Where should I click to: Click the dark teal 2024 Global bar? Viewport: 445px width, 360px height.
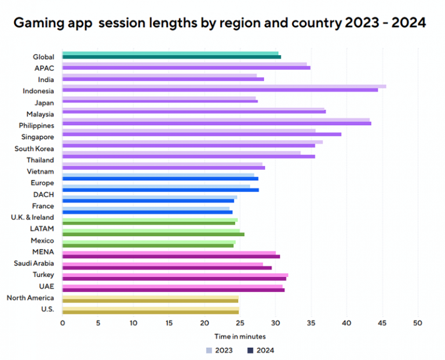tap(172, 57)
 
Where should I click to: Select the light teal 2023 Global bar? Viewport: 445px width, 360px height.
tap(170, 53)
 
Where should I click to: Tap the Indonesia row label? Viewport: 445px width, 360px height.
tap(38, 91)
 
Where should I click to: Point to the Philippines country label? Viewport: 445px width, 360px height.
tap(36, 126)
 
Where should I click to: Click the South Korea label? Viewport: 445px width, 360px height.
tap(34, 148)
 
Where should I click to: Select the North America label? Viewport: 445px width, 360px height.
tap(30, 298)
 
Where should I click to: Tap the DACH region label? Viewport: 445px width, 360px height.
tap(44, 194)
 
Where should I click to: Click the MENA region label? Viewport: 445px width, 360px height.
tap(43, 252)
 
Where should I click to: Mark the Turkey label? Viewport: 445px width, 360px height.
tap(44, 275)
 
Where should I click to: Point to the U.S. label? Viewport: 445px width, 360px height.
tap(48, 309)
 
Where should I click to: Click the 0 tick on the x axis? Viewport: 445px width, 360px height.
tap(63, 323)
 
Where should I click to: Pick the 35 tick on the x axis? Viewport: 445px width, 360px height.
tap(311, 323)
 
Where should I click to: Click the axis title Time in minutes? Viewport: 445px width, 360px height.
tap(240, 336)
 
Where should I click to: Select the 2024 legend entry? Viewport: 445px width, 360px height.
tap(260, 350)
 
